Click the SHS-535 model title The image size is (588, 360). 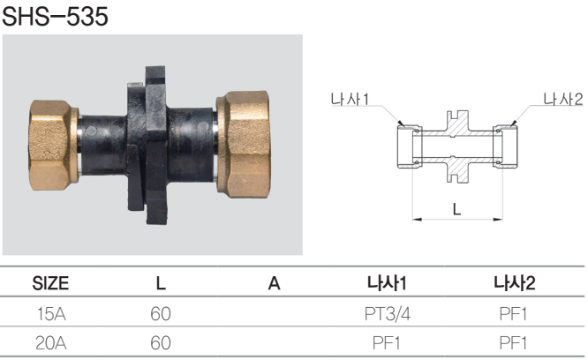(x=55, y=17)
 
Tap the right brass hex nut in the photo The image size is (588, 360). (x=244, y=144)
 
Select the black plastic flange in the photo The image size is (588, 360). (x=147, y=146)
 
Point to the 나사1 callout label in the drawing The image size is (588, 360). (x=350, y=100)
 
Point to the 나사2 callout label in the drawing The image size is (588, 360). (x=563, y=100)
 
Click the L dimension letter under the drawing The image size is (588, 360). (x=456, y=209)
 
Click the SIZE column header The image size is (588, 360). (x=50, y=283)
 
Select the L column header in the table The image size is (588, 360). (x=161, y=283)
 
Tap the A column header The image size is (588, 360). (x=274, y=283)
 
